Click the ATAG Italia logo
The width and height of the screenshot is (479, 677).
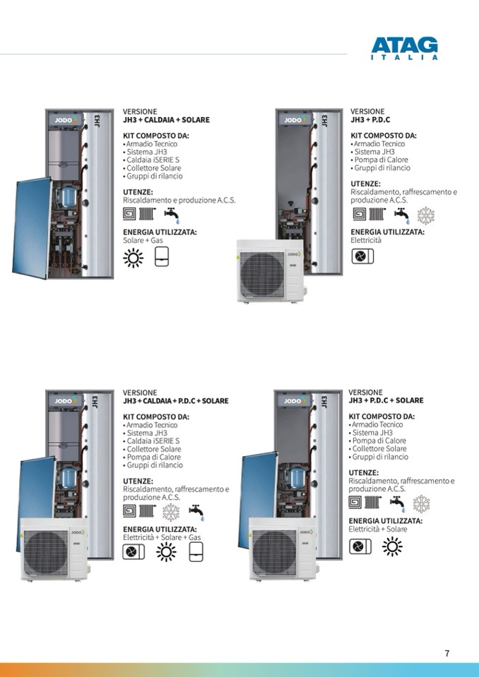click(x=404, y=48)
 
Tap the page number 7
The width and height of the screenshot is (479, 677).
click(x=447, y=653)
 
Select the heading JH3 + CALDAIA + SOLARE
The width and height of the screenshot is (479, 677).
click(x=166, y=119)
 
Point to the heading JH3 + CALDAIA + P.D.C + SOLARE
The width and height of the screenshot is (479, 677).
click(x=176, y=401)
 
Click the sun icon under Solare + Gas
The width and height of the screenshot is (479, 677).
click(x=133, y=258)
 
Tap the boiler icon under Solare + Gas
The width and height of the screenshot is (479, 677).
click(x=162, y=256)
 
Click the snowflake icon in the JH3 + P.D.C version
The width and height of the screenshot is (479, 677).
click(x=426, y=215)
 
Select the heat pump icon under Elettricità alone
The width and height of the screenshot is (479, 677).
click(x=362, y=257)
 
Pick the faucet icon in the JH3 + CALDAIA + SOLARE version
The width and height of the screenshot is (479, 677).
click(x=172, y=214)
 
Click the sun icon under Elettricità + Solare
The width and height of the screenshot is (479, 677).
click(x=392, y=546)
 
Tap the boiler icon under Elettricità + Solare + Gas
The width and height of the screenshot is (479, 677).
click(x=196, y=552)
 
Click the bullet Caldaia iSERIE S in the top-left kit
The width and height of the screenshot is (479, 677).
click(x=151, y=160)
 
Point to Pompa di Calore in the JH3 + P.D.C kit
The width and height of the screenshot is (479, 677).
click(x=379, y=160)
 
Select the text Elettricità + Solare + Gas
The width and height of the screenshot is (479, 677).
click(x=162, y=537)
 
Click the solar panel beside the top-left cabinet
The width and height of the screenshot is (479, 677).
click(x=32, y=227)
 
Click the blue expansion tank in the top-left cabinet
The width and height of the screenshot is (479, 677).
click(x=69, y=196)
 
